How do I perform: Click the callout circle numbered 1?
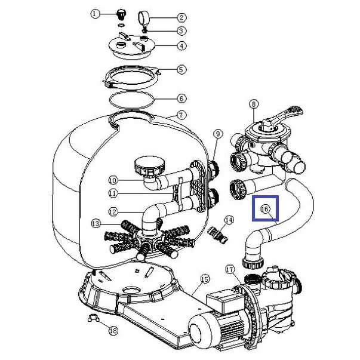(95, 14)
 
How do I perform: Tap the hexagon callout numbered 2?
(181, 18)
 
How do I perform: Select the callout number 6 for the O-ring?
(181, 99)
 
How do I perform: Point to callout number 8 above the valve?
(254, 104)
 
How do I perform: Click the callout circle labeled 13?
(96, 223)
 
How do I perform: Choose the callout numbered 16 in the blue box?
(265, 209)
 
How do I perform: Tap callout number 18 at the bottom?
(113, 331)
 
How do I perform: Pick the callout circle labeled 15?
(205, 279)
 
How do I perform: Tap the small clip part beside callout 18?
(93, 318)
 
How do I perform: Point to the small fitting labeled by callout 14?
(217, 235)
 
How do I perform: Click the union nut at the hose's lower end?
(253, 263)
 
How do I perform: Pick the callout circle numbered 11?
(113, 193)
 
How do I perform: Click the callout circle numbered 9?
(218, 134)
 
